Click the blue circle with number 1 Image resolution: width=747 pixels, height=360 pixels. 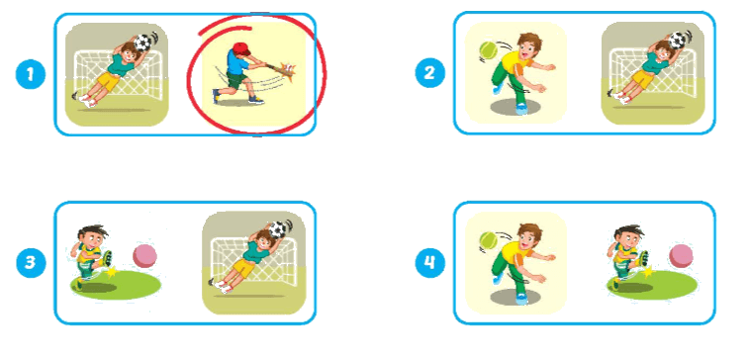click(31, 74)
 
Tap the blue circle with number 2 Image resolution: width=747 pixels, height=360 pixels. click(429, 73)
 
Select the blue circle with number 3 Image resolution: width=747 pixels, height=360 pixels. click(31, 262)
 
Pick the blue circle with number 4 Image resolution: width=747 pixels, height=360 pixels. click(429, 262)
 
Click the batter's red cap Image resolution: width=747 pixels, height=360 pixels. click(242, 48)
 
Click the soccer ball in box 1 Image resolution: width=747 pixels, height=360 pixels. click(142, 42)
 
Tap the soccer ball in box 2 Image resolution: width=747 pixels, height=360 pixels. click(678, 40)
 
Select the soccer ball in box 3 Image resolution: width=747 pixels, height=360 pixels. click(278, 229)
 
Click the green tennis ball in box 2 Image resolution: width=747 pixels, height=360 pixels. click(488, 50)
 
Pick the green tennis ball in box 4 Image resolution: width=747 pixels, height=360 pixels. click(488, 240)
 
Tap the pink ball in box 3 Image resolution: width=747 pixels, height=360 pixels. click(144, 256)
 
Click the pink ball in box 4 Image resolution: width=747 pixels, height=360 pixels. click(682, 256)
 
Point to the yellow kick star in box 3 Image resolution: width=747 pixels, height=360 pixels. click(113, 272)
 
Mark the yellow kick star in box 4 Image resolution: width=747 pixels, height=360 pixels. click(648, 272)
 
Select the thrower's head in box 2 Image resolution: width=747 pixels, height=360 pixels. click(528, 45)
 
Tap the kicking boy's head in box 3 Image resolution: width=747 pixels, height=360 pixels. click(90, 236)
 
